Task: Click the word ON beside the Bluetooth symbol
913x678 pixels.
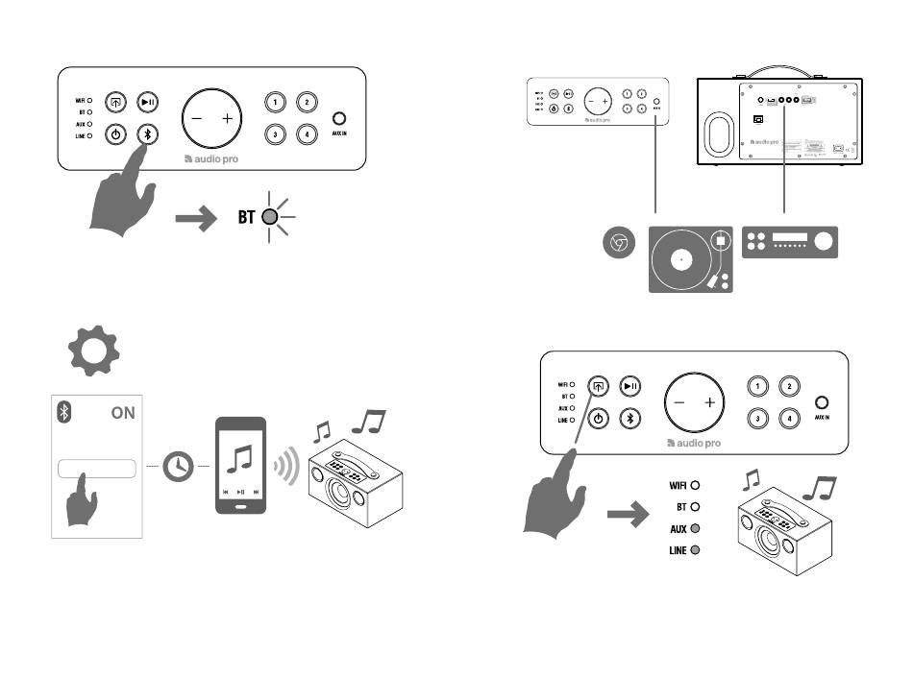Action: [123, 413]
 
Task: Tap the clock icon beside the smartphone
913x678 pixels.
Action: [178, 467]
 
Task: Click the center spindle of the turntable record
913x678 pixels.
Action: [681, 259]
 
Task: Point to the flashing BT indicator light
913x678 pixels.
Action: [271, 218]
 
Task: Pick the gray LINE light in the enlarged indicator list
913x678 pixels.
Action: [694, 550]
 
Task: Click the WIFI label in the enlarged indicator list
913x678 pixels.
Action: [678, 485]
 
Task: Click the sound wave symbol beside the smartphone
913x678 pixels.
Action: [283, 466]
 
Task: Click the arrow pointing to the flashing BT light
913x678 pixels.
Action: [198, 219]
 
